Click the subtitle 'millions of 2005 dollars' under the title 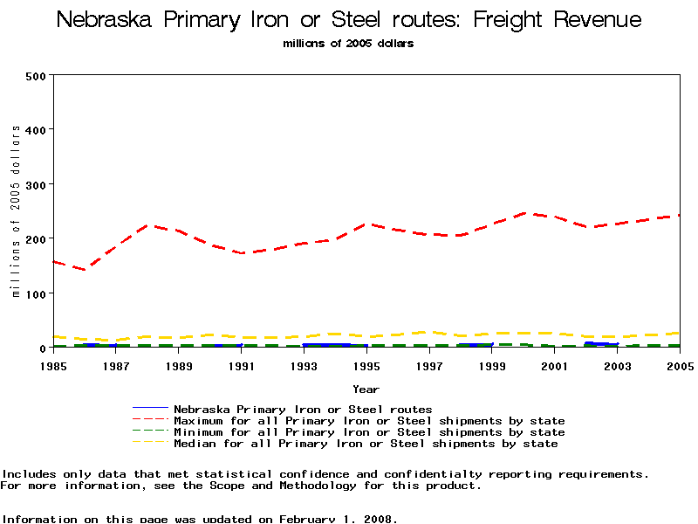click(348, 44)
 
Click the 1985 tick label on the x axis click(54, 365)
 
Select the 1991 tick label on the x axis click(242, 365)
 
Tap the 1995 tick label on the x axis click(366, 365)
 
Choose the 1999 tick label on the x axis click(492, 365)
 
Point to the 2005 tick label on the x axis click(679, 365)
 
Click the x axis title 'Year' click(366, 389)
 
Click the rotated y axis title click(17, 211)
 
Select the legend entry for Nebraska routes click(302, 409)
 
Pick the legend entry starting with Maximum click(368, 421)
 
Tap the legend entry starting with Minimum click(368, 432)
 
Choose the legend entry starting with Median click(365, 444)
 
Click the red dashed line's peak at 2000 click(523, 212)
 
